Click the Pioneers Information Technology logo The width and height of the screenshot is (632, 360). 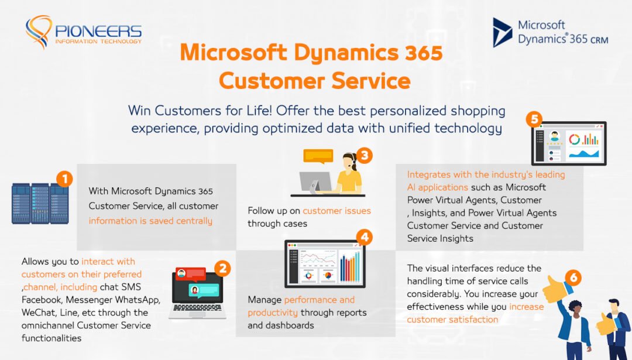point(83,33)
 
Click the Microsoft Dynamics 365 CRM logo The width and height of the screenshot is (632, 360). point(550,33)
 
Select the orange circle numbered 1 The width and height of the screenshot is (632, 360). point(64,178)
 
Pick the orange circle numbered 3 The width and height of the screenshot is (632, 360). point(365,155)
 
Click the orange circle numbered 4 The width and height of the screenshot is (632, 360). point(365,237)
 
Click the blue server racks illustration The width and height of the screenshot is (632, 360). point(40,203)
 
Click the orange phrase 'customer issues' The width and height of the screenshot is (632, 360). point(336,211)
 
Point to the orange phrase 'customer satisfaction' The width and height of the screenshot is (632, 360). point(452,319)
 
